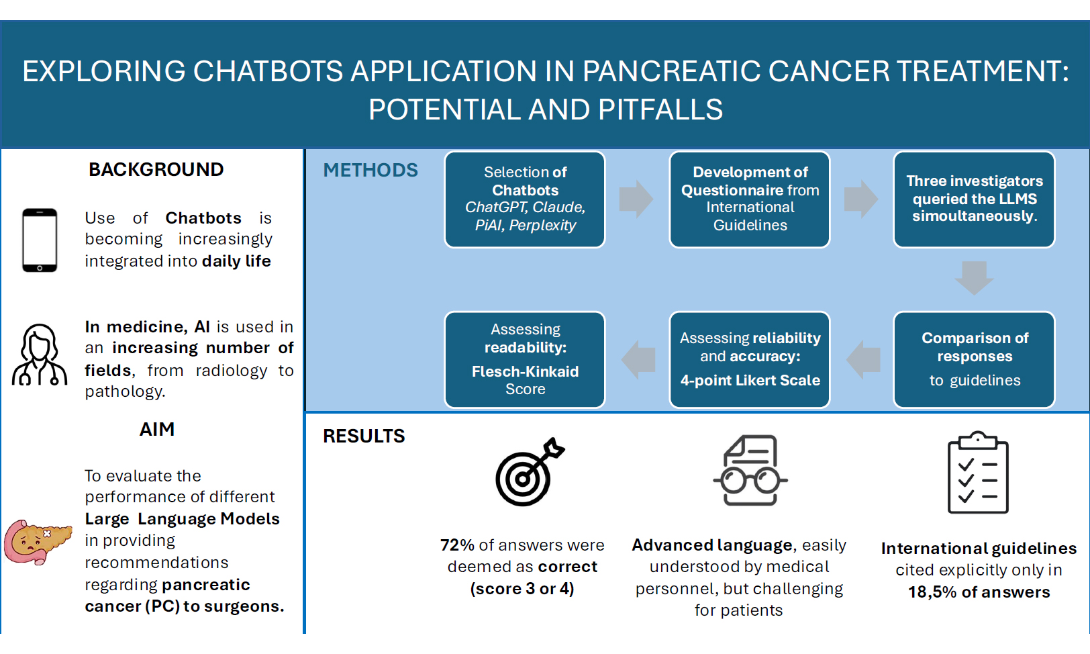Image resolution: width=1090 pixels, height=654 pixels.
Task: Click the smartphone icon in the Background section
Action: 40,240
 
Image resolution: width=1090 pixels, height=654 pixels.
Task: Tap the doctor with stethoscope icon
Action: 40,355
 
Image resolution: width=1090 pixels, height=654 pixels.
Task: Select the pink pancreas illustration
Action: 38,541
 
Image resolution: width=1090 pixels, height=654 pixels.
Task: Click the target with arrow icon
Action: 530,472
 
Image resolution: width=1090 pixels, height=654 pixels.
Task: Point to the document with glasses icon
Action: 750,471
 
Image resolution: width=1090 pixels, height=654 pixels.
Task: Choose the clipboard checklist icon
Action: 978,472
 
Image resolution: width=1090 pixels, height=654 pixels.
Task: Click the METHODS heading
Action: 370,171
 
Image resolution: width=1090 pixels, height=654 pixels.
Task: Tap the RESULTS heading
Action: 364,436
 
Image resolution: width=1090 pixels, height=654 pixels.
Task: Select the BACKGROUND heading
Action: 156,169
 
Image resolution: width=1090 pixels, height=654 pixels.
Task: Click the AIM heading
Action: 156,430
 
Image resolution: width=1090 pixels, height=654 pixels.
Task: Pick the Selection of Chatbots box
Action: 525,199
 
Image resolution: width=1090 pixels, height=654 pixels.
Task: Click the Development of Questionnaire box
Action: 750,199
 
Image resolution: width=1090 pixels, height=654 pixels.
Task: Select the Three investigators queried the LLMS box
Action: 974,199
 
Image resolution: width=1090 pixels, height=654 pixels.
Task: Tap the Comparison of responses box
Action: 974,359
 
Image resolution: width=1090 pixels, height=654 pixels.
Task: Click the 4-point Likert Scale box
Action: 750,359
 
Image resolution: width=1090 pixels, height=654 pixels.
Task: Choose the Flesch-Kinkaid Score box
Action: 525,359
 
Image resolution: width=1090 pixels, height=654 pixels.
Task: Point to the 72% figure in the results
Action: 457,545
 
